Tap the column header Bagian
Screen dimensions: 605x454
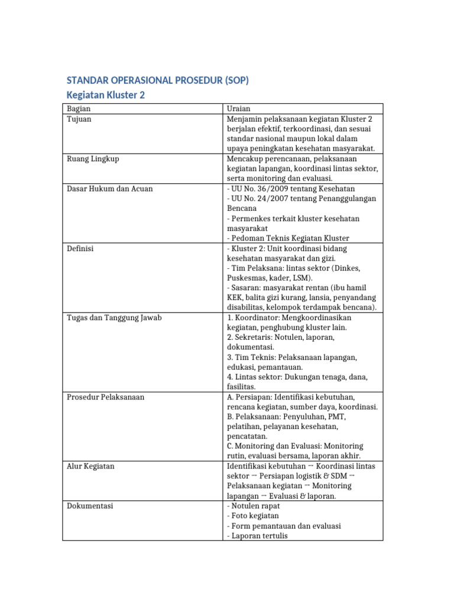coord(78,109)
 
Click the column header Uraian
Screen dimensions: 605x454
coord(239,109)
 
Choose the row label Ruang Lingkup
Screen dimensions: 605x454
coord(89,158)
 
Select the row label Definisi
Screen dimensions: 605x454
coord(81,249)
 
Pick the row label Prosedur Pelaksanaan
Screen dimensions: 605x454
coord(105,397)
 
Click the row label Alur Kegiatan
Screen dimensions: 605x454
coord(90,466)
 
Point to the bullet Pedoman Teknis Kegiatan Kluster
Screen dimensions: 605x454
coord(288,238)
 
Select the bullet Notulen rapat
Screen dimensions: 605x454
coord(255,506)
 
